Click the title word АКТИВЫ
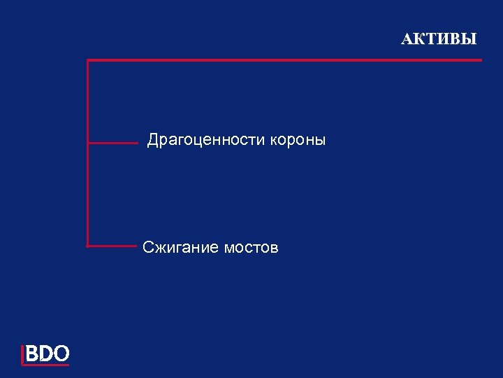439,39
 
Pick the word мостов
251,247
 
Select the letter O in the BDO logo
61,353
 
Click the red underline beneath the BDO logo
46,364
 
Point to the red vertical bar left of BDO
23,354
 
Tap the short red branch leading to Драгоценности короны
113,143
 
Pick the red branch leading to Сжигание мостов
112,246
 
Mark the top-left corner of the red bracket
88,61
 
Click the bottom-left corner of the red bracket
88,246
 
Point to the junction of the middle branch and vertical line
88,143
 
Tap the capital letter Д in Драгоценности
153,140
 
